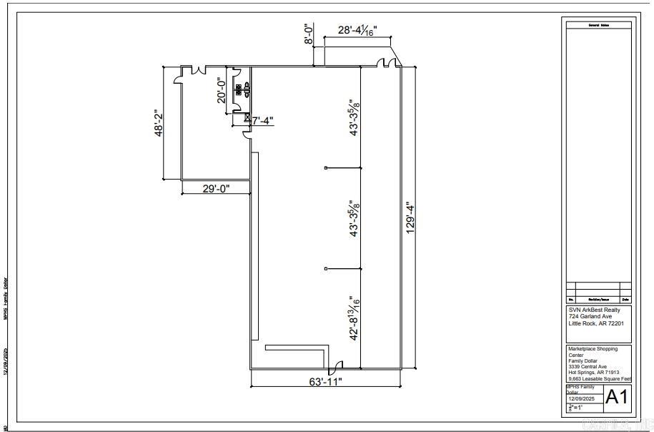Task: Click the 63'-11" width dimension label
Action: tap(325, 381)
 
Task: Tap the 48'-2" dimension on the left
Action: tap(159, 122)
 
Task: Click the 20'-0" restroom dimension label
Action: tap(222, 91)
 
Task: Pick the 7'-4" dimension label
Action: tap(262, 121)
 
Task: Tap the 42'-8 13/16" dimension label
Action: tap(353, 318)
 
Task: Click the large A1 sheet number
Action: tap(617, 397)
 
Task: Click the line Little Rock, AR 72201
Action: tap(596, 323)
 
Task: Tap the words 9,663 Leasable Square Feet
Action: tap(600, 379)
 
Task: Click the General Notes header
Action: tap(598, 25)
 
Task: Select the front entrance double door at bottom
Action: tap(333, 367)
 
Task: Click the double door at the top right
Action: tap(387, 64)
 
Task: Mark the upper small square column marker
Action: tap(326, 168)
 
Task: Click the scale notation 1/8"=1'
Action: tap(576, 408)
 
